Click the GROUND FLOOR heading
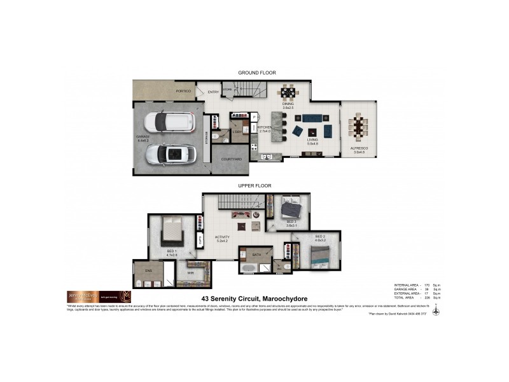[256, 73]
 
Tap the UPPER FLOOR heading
[254, 185]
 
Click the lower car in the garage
[169, 153]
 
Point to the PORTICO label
[183, 91]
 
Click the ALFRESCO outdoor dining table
[358, 127]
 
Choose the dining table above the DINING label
[288, 93]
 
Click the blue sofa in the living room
[312, 118]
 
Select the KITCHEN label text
[264, 127]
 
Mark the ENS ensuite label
[148, 271]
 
